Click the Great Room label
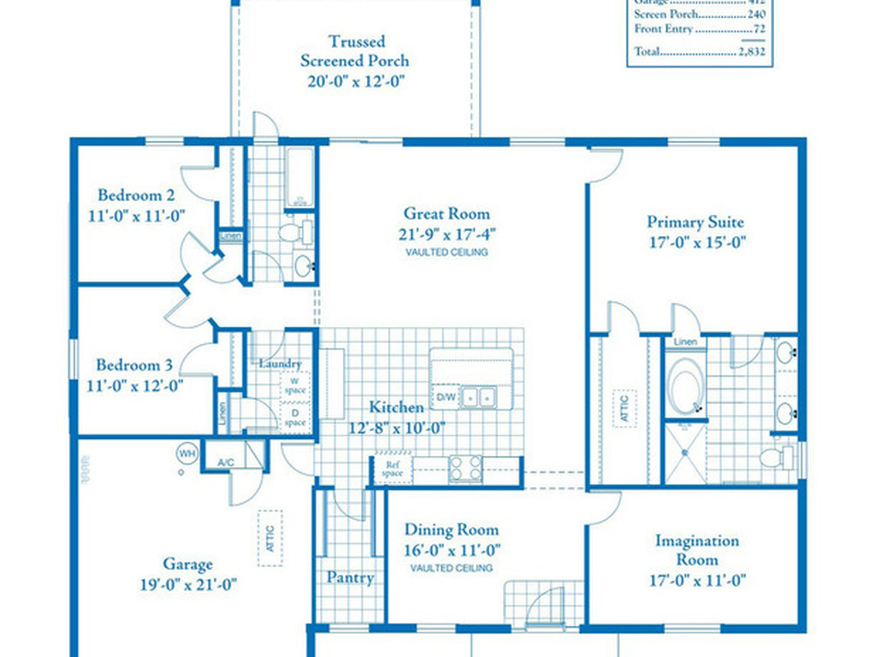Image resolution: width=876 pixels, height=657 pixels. point(447,214)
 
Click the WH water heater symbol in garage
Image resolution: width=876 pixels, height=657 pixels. point(186,452)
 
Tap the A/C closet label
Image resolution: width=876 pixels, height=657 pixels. point(226,463)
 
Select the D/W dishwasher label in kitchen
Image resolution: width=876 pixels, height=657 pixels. point(447,398)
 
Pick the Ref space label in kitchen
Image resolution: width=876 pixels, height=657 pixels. point(392,469)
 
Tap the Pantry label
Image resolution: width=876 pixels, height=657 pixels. point(351,578)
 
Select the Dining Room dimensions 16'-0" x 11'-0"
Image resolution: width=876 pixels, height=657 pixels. point(451,551)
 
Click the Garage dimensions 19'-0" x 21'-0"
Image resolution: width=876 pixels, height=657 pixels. point(187,585)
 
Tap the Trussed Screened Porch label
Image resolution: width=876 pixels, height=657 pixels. point(355,50)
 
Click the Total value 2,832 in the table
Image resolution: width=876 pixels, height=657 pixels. point(751,52)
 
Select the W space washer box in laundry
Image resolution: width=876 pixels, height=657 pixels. point(294,385)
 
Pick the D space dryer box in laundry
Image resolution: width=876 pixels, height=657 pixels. point(294,418)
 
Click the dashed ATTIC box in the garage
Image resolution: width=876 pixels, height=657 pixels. point(270,538)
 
